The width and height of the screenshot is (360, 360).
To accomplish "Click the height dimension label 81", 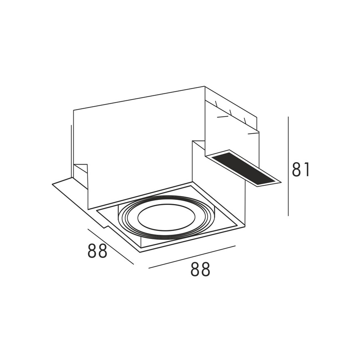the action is tap(301, 170).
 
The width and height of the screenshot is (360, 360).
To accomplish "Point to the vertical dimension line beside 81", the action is tap(288, 166).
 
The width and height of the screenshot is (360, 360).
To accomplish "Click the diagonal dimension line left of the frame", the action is tap(111, 246).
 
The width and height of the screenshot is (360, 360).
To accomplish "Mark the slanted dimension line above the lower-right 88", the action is tap(192, 257).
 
